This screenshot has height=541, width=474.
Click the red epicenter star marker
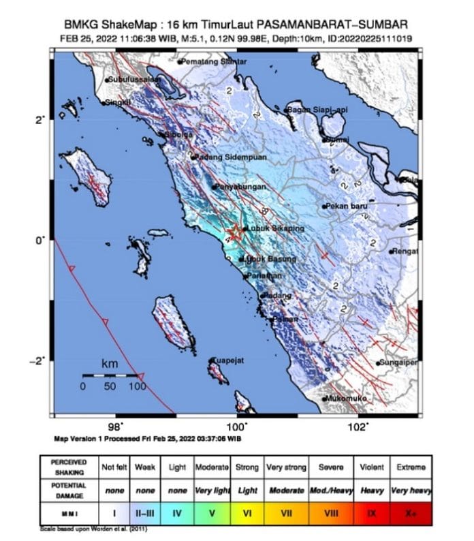tap(234, 232)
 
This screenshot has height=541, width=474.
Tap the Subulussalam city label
tap(136, 80)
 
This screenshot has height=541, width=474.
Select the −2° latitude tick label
tap(39, 361)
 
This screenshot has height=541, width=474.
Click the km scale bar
tap(110, 375)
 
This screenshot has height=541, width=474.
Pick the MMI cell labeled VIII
tap(329, 512)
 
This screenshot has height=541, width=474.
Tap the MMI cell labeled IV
tap(178, 512)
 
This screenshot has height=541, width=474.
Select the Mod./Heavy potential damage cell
tap(329, 491)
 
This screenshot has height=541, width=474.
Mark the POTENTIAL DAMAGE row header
tap(68, 491)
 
